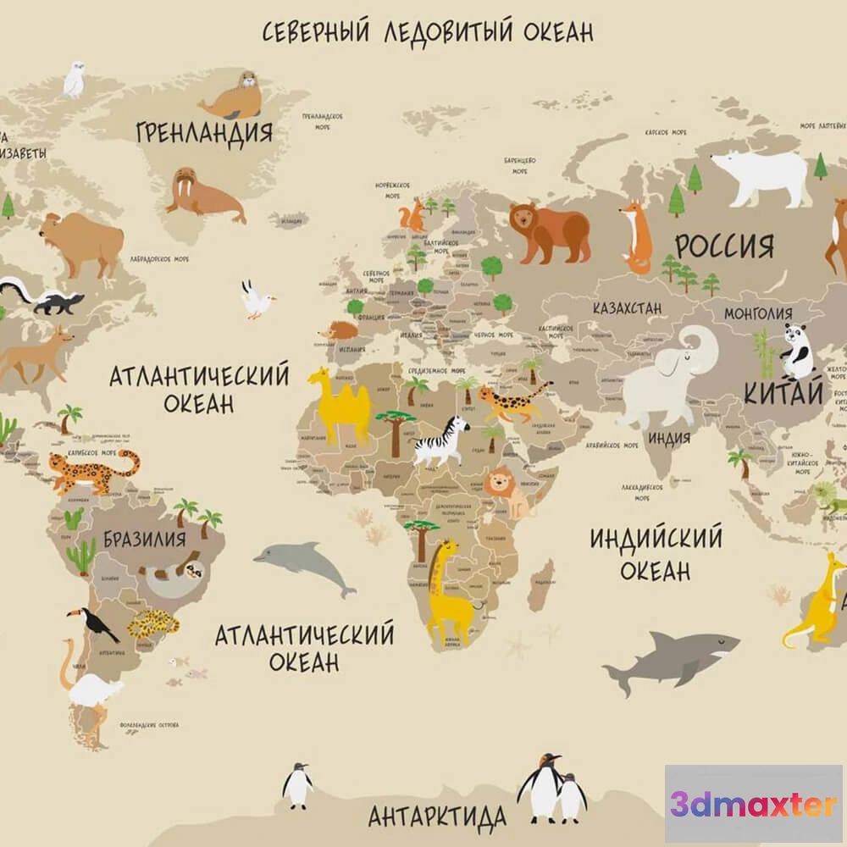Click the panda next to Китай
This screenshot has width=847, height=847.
(x=796, y=352)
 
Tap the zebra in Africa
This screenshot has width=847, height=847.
(x=441, y=440)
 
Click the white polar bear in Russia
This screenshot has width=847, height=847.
(x=762, y=176)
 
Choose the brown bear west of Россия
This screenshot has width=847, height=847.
(x=550, y=231)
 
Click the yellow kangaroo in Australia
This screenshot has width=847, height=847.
(x=818, y=601)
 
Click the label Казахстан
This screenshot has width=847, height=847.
(x=627, y=308)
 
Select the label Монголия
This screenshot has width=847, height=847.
(x=758, y=313)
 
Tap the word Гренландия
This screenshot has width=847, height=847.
(x=204, y=133)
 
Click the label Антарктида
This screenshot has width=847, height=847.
(x=437, y=817)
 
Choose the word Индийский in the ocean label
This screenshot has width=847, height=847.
(x=656, y=539)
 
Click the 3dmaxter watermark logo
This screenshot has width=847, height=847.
(x=753, y=804)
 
